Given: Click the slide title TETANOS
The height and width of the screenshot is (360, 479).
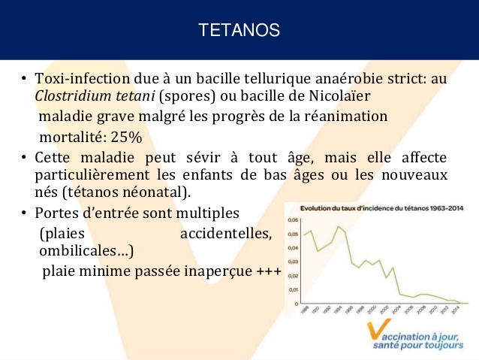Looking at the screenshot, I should click(239, 30).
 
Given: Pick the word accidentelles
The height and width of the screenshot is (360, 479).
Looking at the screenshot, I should click(226, 233).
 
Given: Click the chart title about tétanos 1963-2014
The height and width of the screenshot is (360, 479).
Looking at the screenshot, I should click(381, 208).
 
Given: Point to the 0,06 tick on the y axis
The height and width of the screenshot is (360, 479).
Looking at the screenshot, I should click(293, 220).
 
